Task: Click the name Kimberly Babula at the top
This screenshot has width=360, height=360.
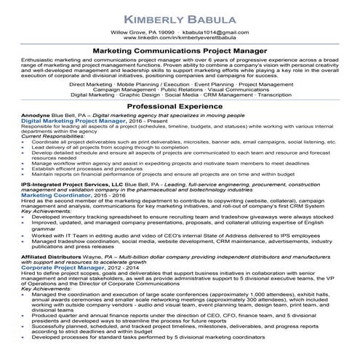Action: tap(180, 16)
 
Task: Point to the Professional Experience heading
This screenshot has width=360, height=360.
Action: tap(180, 127)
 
